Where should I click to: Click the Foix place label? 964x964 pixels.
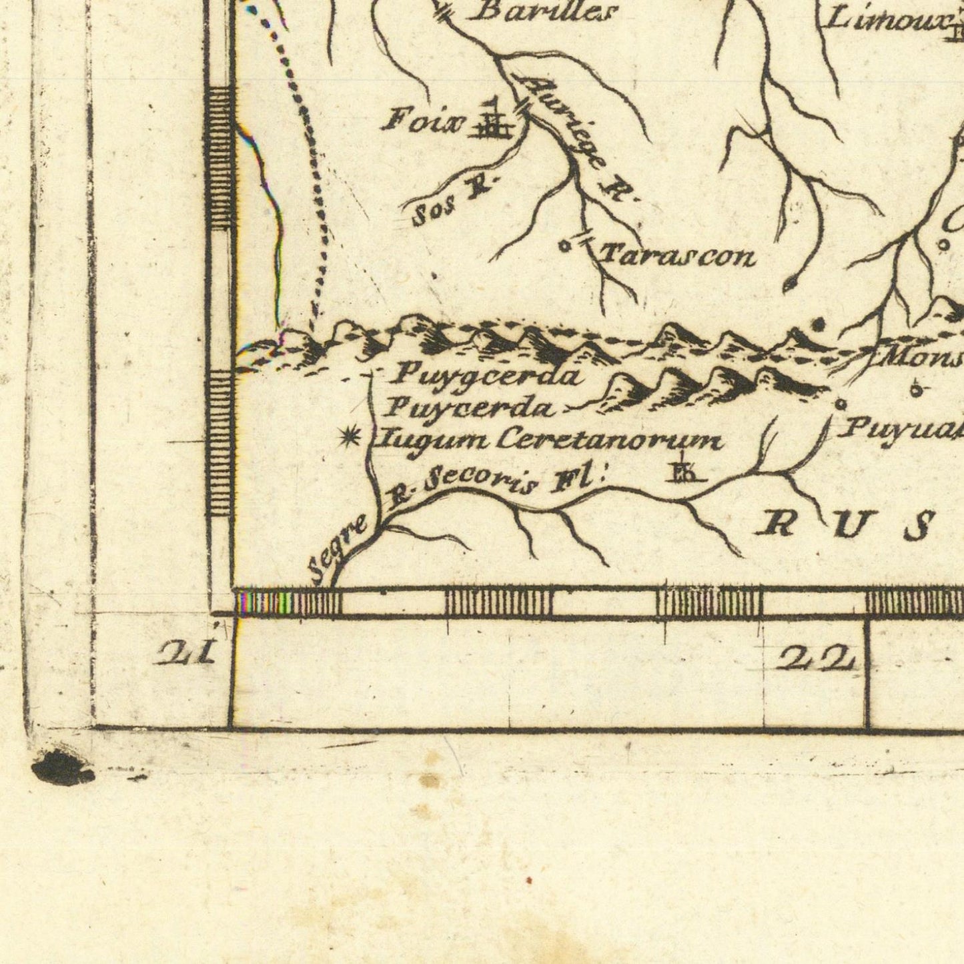[x=423, y=121]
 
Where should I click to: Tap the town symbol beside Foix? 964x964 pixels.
[x=492, y=121]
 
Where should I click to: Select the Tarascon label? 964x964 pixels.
[x=678, y=256]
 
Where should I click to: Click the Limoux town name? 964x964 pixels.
[x=886, y=20]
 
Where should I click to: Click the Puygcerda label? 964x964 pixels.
[x=484, y=376]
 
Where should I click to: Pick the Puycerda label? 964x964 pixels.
[x=470, y=407]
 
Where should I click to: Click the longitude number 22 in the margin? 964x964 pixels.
[x=815, y=660]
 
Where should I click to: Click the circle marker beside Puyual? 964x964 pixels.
[x=841, y=404]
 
